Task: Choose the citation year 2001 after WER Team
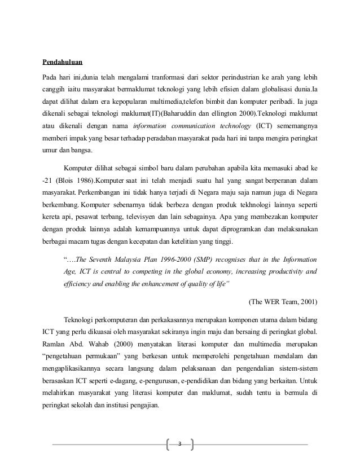click(307, 300)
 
